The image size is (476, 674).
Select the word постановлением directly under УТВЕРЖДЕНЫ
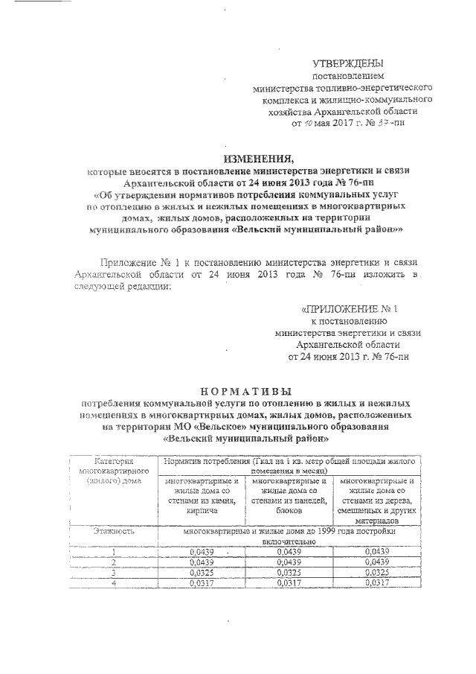point(348,76)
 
